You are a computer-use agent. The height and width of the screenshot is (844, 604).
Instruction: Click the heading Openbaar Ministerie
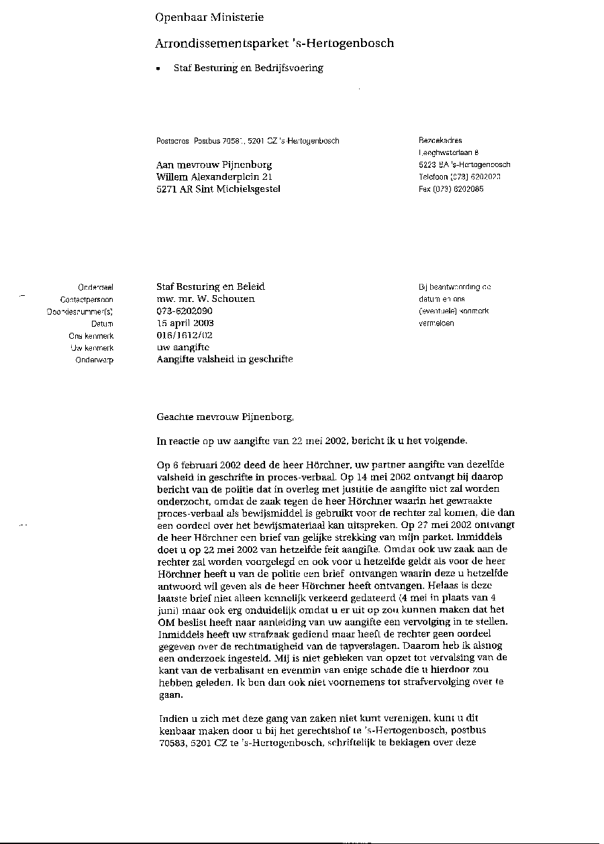click(209, 17)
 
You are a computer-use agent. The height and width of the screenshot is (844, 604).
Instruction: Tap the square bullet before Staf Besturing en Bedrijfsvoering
click(158, 69)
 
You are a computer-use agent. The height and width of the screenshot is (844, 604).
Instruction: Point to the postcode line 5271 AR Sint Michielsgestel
click(218, 189)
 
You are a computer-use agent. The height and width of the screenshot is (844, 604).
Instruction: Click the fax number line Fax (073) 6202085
click(450, 189)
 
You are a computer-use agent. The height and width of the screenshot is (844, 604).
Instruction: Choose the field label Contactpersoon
click(87, 300)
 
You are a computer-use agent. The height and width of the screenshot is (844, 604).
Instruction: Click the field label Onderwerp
click(94, 360)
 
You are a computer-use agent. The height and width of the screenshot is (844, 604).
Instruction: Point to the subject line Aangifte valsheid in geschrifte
click(224, 359)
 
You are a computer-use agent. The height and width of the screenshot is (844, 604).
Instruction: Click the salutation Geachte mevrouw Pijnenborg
click(225, 417)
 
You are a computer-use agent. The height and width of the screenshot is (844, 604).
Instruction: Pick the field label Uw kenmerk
click(92, 348)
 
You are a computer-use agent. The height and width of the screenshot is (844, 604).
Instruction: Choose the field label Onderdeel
click(95, 287)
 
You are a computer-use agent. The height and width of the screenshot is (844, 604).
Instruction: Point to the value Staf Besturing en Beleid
click(210, 286)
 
